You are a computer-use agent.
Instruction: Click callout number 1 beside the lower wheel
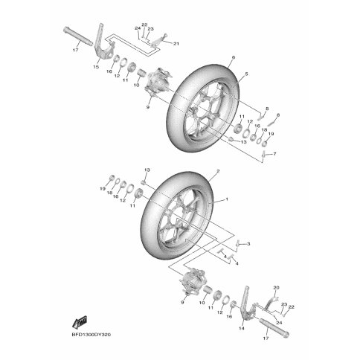click(226, 199)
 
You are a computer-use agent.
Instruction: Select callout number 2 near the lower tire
click(218, 171)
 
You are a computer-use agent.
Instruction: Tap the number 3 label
click(248, 244)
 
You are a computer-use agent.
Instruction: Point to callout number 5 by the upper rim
click(246, 74)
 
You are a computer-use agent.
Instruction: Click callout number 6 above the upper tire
click(233, 57)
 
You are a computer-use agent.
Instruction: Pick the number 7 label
click(274, 154)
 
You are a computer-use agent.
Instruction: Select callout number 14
click(242, 328)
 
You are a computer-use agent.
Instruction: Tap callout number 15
click(96, 67)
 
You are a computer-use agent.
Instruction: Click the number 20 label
click(276, 288)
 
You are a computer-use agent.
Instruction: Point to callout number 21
click(176, 44)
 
